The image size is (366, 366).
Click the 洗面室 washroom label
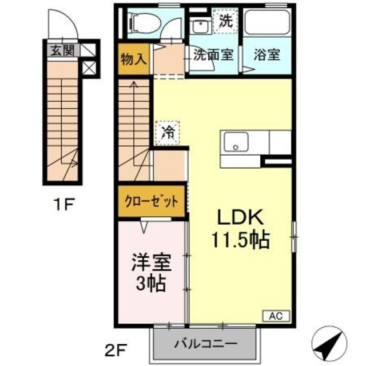pyautogui.click(x=213, y=55)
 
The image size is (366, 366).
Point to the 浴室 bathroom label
pyautogui.click(x=267, y=55)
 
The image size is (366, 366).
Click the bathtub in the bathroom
pyautogui.click(x=267, y=26)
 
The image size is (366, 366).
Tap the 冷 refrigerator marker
pyautogui.click(x=168, y=132)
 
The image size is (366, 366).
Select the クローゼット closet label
pyautogui.click(x=152, y=201)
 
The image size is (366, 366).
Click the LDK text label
pyautogui.click(x=239, y=218)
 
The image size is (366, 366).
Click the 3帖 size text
pyautogui.click(x=151, y=283)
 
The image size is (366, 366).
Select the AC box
pyautogui.click(x=277, y=315)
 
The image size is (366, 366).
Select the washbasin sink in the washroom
pyautogui.click(x=200, y=27)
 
